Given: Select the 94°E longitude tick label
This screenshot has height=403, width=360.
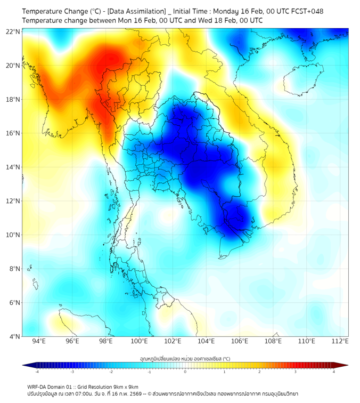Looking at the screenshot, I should point(39,341).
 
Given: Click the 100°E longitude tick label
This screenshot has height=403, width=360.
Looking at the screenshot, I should point(139,341).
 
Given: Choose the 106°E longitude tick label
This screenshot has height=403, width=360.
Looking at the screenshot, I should point(240,341).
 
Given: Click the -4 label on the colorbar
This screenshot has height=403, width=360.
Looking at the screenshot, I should point(37,372).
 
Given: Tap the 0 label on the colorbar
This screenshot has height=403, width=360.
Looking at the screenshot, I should point(185,372).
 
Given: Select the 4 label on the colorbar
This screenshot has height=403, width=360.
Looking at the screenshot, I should point(334,372).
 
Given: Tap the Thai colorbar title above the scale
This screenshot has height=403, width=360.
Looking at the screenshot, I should point(185,359).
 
